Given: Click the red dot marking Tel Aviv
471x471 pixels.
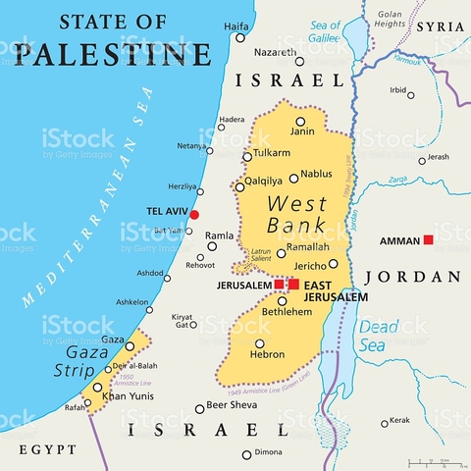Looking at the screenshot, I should pos(194,214).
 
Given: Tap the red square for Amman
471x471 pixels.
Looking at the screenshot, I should pos(428,239).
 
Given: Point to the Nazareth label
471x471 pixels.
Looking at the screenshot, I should pos(275,51).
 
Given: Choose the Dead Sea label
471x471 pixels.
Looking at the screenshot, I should pos(378,336).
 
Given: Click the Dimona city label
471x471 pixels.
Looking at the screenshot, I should pos(269,453).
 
